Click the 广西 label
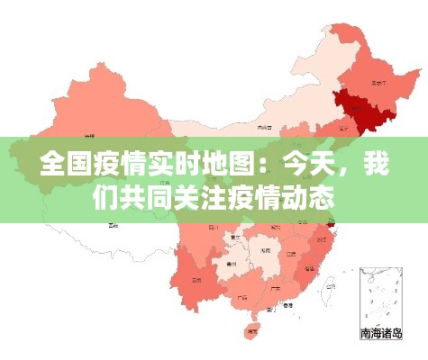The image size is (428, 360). [241, 296]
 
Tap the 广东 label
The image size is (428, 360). [275, 290]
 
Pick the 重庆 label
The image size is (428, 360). [235, 238]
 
